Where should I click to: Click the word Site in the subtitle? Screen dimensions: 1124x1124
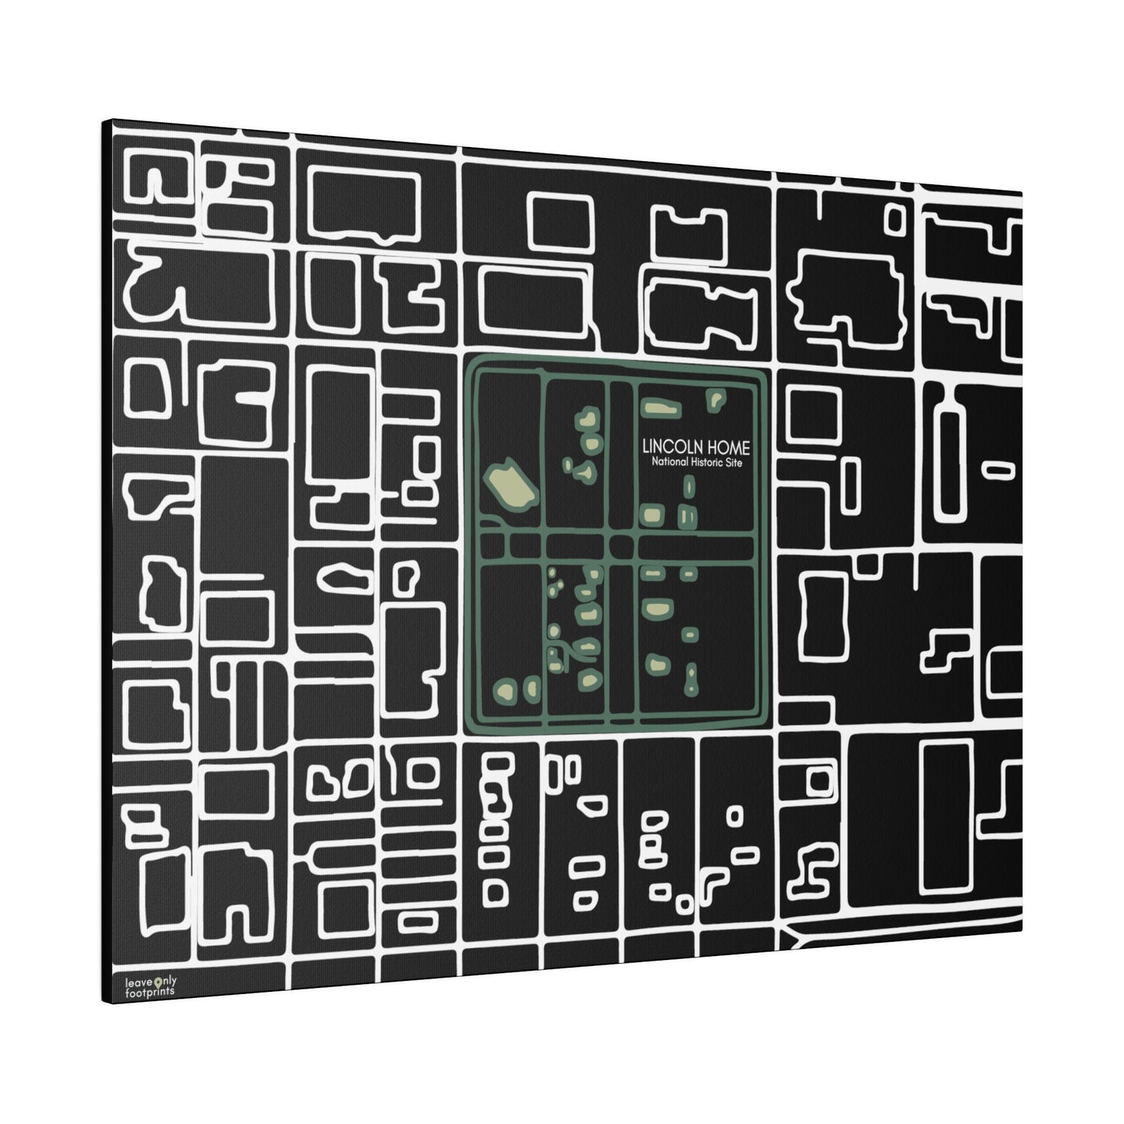734,463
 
